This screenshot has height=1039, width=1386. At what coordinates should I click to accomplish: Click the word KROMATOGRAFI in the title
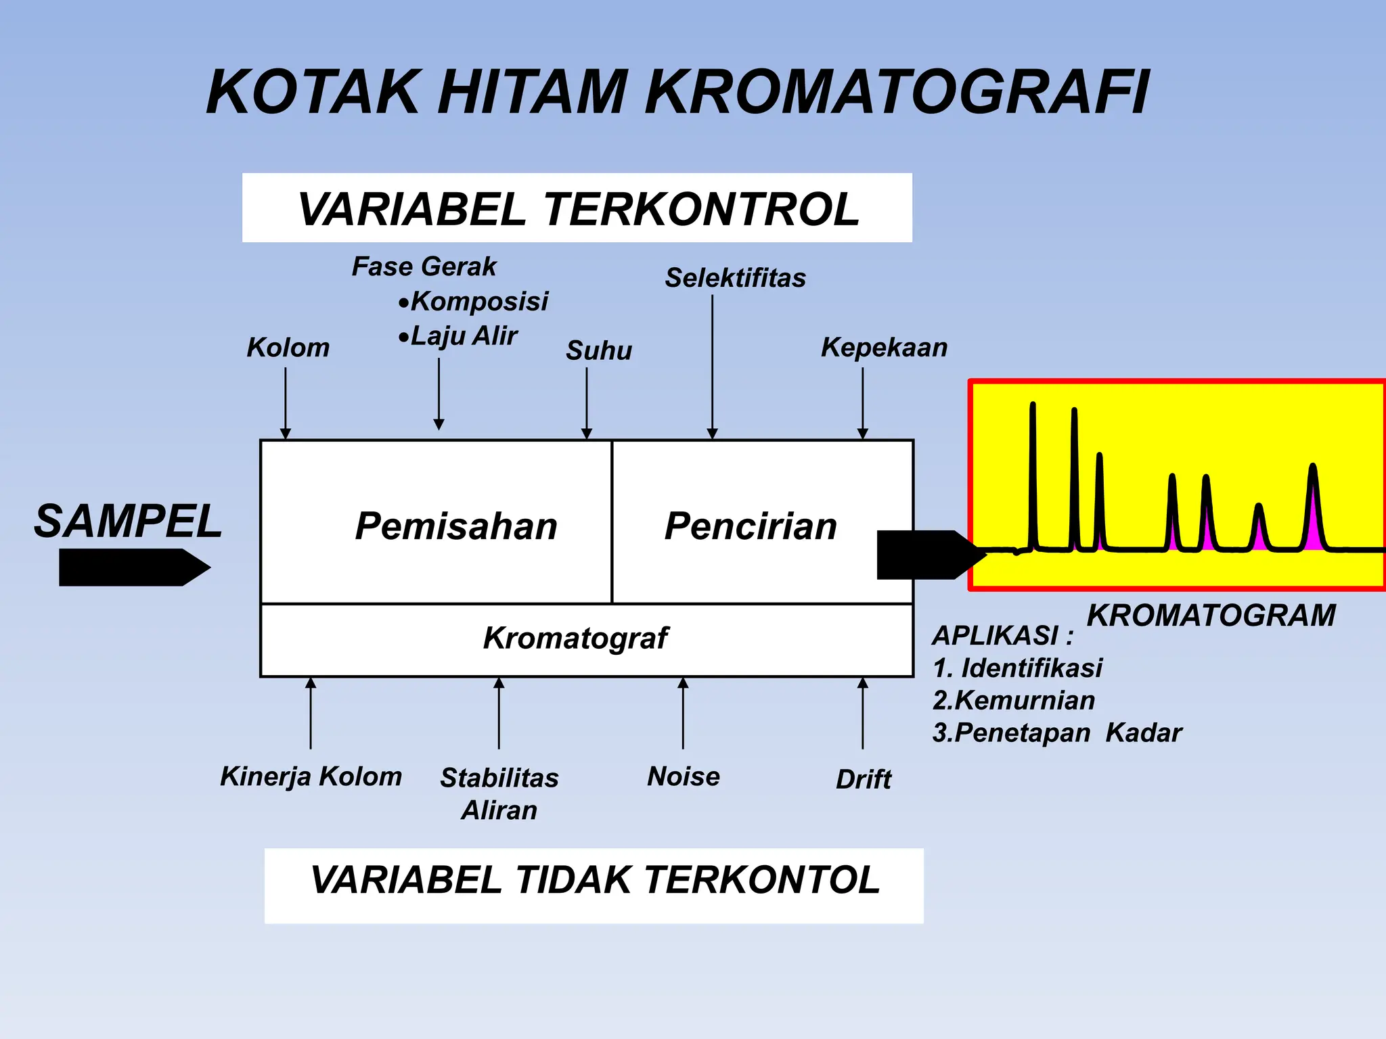(897, 93)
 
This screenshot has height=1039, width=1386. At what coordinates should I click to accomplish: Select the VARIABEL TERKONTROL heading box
(577, 208)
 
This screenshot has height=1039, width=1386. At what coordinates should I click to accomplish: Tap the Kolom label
(288, 348)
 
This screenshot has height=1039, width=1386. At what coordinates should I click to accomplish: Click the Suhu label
(599, 350)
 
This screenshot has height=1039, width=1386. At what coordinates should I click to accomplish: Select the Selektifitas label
(736, 278)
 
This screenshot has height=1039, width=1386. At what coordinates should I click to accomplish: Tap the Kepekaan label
(884, 348)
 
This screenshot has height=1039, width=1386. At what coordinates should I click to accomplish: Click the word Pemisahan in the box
(456, 526)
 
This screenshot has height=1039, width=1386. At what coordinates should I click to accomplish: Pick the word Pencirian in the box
(751, 526)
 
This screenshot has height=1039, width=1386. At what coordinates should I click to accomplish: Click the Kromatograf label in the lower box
(575, 638)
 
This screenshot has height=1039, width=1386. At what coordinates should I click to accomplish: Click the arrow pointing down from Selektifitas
(712, 365)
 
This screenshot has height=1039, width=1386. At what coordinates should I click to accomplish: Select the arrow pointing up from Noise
(683, 714)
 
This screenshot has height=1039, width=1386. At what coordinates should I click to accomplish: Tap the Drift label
(864, 779)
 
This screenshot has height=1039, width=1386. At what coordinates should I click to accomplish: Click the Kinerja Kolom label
(311, 777)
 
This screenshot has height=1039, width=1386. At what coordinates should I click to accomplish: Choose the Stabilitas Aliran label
(499, 793)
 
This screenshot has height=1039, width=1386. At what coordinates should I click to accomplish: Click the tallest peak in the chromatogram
(1033, 474)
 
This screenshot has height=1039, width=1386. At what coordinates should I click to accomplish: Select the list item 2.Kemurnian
(1014, 700)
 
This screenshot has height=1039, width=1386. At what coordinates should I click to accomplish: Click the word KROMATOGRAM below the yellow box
(1211, 616)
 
